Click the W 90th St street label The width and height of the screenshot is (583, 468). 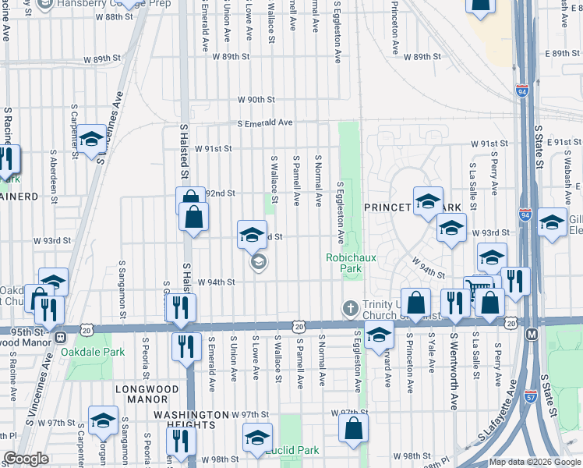pos(256,100)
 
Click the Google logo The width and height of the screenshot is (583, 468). pos(26,459)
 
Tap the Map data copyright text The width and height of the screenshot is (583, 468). pos(535,462)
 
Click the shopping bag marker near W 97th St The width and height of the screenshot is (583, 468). pos(353,428)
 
